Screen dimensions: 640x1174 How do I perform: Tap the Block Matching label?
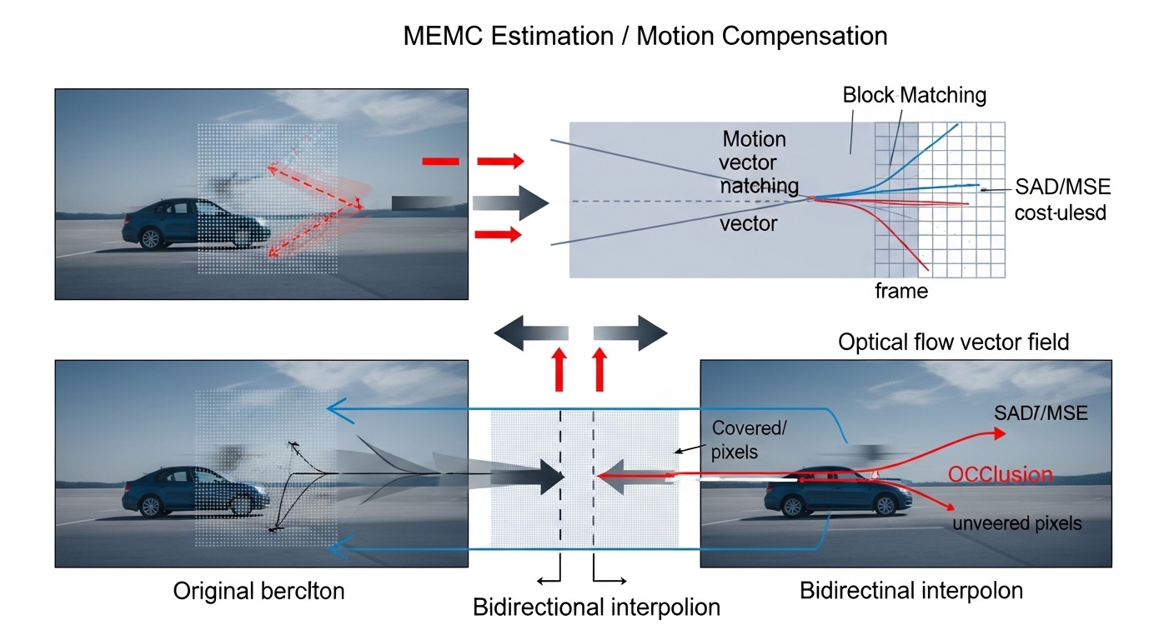(914, 95)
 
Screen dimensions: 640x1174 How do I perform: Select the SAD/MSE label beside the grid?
(1063, 186)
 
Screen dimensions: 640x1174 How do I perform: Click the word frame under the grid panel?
(901, 291)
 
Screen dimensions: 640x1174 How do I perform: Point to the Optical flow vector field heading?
(953, 342)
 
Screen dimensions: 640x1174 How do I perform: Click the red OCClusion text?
(1000, 475)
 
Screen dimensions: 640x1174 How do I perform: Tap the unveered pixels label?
(1017, 523)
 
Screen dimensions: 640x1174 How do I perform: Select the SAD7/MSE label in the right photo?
(1041, 412)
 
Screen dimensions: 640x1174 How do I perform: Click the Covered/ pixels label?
(749, 440)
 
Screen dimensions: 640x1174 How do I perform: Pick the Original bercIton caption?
(258, 591)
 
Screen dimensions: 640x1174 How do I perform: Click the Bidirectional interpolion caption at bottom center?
(596, 607)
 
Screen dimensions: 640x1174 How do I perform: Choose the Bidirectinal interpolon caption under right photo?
(911, 591)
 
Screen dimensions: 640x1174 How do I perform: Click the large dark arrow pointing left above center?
(530, 333)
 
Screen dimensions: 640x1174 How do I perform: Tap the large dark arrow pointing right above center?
(630, 333)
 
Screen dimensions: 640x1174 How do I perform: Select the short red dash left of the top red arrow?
(440, 161)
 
